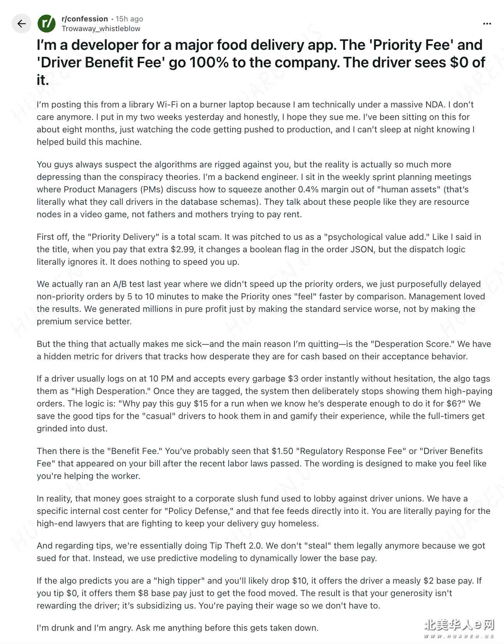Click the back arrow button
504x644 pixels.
[21, 24]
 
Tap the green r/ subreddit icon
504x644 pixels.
[46, 24]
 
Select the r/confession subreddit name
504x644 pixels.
[85, 19]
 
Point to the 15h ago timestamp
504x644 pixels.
[129, 19]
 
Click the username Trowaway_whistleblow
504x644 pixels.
[101, 29]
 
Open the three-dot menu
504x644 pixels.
[487, 24]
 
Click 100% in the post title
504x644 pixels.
[209, 63]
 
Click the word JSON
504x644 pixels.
[362, 250]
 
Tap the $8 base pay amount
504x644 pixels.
[143, 593]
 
